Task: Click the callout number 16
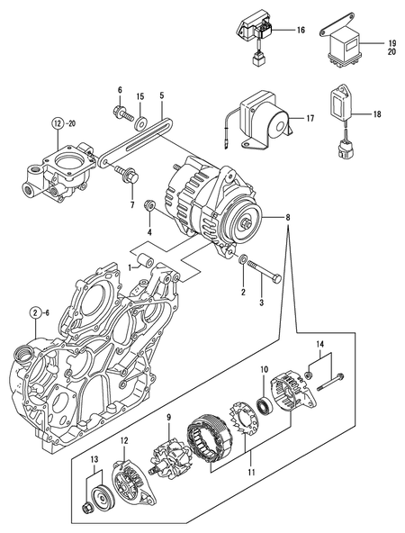pyautogui.click(x=301, y=31)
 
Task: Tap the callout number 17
pyautogui.click(x=309, y=117)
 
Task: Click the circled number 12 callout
pyautogui.click(x=59, y=122)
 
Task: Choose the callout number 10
pyautogui.click(x=265, y=369)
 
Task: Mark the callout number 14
pyautogui.click(x=319, y=344)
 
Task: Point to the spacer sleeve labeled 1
pyautogui.click(x=150, y=266)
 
